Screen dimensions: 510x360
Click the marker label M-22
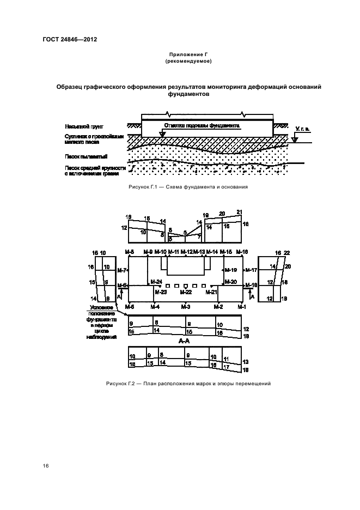point(186,292)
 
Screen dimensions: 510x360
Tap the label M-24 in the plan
point(156,282)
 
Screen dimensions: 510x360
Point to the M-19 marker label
point(231,270)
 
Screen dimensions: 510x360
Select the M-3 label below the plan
point(186,307)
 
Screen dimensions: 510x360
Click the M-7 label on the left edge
point(123,270)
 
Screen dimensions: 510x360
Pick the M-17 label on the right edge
point(251,270)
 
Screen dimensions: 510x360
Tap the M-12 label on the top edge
point(186,251)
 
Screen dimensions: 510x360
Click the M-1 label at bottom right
point(242,307)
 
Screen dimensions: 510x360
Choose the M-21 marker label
point(211,292)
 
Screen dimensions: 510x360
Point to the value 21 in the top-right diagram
point(239,212)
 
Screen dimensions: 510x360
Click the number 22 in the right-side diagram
point(286,253)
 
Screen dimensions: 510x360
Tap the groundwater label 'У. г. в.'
point(302,130)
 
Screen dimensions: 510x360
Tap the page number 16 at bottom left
point(46,466)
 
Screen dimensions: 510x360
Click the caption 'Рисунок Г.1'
point(142,187)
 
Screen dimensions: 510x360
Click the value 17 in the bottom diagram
point(225,367)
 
